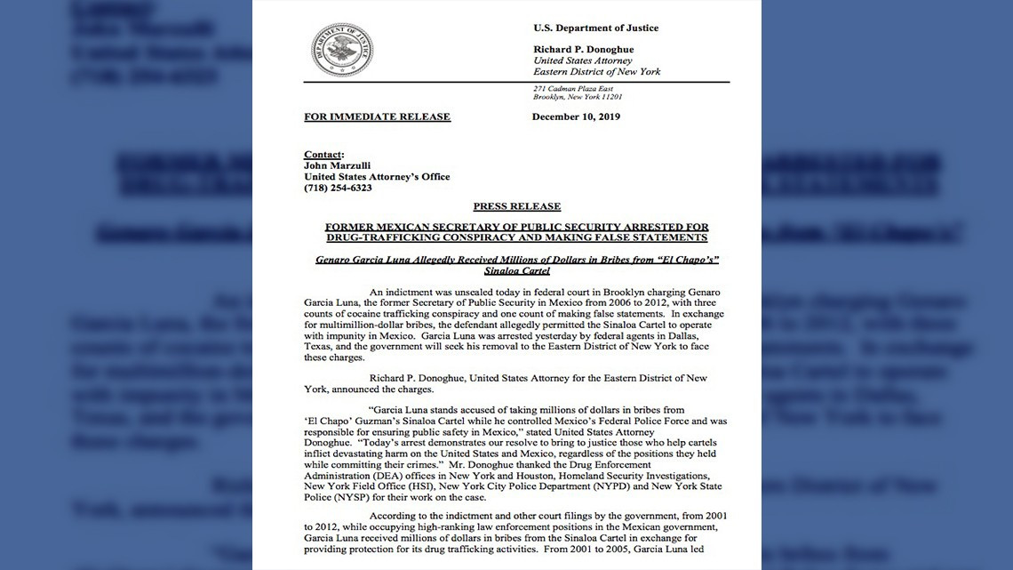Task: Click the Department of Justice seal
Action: click(342, 50)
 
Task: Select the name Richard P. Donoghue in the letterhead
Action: click(583, 49)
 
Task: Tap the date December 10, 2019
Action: click(576, 116)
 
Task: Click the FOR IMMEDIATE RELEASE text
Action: click(377, 116)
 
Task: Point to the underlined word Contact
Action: click(323, 155)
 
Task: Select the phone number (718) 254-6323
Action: click(338, 188)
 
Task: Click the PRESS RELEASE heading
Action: click(516, 206)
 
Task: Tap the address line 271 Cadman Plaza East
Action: click(573, 89)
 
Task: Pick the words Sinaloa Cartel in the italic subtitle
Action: click(516, 270)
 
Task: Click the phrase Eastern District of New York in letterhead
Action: click(596, 71)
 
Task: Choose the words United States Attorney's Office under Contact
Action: click(377, 177)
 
